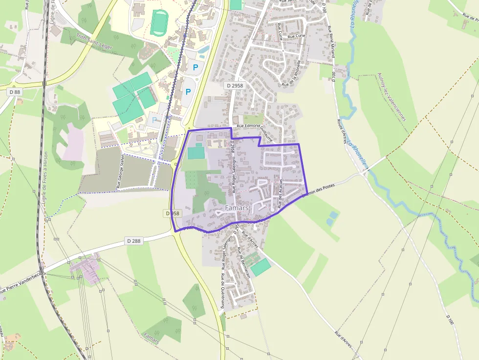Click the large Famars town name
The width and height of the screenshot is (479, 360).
[237, 208]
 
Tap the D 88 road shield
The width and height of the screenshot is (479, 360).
[15, 92]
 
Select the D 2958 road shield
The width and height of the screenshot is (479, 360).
[235, 85]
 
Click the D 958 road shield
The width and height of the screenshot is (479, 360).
[172, 213]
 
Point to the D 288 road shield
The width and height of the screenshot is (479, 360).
[134, 241]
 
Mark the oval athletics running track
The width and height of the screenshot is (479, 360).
[158, 22]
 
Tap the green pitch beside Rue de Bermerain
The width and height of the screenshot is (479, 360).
[260, 267]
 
